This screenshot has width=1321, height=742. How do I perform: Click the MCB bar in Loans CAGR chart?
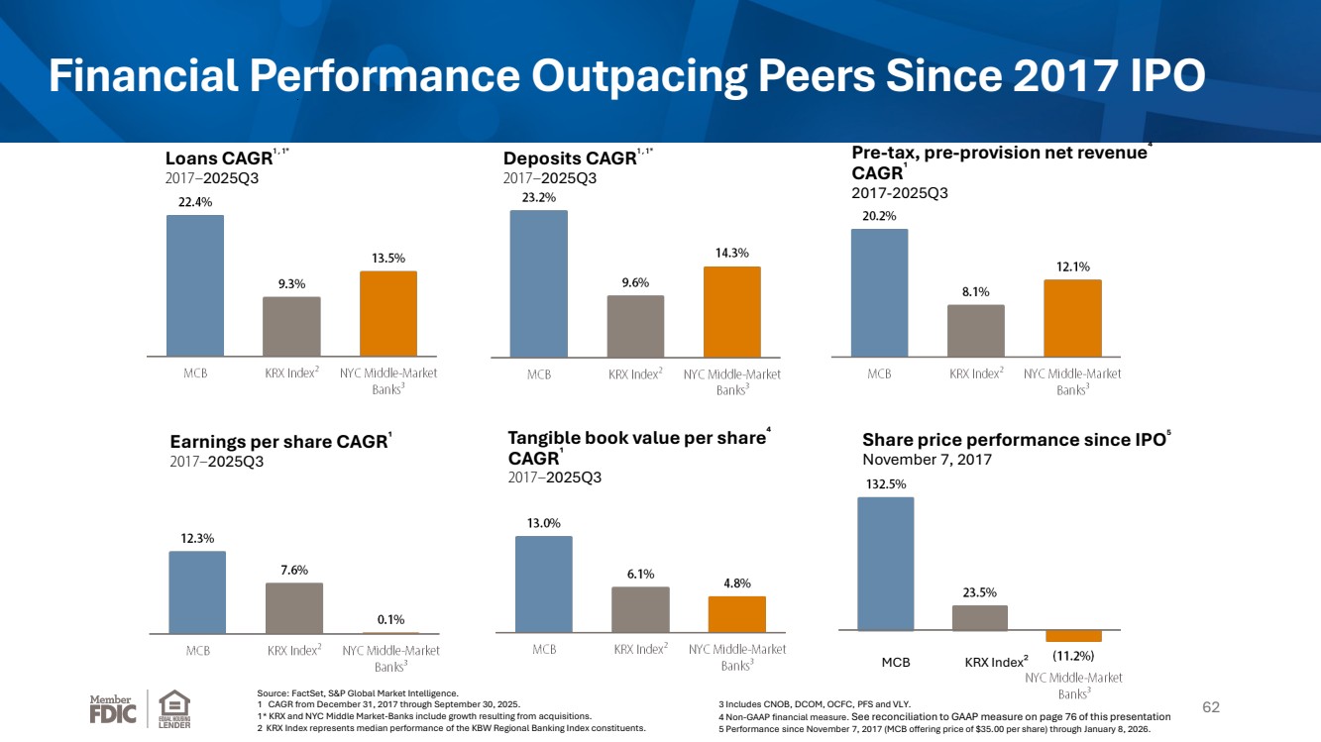195,285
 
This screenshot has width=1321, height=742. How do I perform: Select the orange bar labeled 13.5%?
388,313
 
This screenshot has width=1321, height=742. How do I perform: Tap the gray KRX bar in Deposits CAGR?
635,326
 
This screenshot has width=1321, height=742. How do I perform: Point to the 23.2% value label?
538,197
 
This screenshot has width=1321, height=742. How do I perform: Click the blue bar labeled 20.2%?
879,292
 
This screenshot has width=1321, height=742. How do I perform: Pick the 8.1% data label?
975,291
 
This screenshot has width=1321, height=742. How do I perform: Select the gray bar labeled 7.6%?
294,608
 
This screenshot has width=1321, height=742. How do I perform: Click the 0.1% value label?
390,619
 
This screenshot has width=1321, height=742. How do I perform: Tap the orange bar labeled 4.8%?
736,614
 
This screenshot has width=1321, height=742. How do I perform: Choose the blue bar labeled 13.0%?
544,584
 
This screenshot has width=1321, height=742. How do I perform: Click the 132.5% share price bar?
886,564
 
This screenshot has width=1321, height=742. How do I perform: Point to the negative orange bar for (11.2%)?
1073,636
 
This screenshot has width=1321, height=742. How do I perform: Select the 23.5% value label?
979,592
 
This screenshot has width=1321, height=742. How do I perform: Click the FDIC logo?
113,709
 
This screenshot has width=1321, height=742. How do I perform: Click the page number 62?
1211,707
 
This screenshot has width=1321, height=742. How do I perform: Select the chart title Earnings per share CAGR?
278,442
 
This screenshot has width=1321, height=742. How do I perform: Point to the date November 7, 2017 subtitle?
927,460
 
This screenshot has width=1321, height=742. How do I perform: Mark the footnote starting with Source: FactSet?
358,693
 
